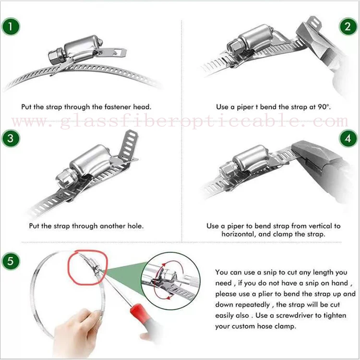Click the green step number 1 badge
pyautogui.click(x=11, y=26)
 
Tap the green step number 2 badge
pyautogui.click(x=348, y=26)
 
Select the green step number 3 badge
pyautogui.click(x=11, y=138)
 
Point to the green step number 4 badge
pyautogui.click(x=348, y=138)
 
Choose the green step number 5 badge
pyautogui.click(x=11, y=261)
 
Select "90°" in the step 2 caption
pyautogui.click(x=324, y=107)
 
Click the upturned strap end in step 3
pyautogui.click(x=129, y=145)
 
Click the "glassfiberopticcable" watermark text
pyautogui.click(x=180, y=122)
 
